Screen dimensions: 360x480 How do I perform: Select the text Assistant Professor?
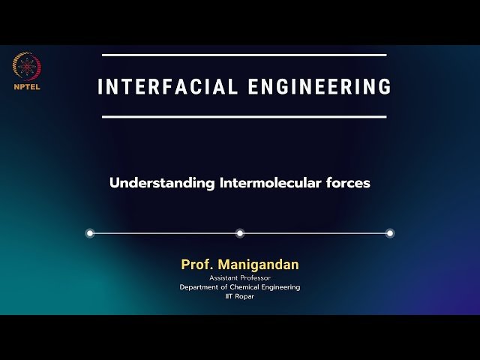point(240,277)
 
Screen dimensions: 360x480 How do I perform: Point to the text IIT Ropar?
point(240,297)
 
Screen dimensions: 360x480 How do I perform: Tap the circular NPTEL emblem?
point(27,67)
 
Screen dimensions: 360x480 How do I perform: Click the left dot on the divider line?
point(90,233)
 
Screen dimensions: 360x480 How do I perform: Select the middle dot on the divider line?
point(240,233)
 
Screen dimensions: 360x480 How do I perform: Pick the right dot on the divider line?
point(390,233)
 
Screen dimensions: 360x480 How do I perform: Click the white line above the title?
point(244,55)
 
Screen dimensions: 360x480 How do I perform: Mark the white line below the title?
point(244,117)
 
